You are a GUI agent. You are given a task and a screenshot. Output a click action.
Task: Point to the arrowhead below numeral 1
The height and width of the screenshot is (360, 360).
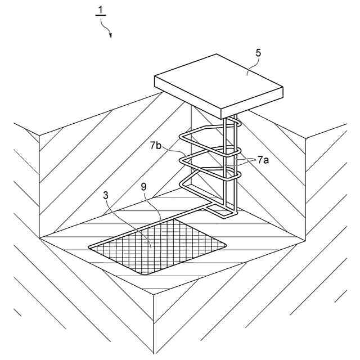(x=110, y=35)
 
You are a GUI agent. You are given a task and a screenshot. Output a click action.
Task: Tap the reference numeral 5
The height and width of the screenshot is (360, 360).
(x=258, y=53)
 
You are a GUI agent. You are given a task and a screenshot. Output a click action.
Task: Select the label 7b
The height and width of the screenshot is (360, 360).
(x=157, y=146)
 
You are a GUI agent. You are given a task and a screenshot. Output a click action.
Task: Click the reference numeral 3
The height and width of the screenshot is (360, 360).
(x=107, y=196)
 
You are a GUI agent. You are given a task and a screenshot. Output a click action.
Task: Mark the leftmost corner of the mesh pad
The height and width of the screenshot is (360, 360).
(x=90, y=247)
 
